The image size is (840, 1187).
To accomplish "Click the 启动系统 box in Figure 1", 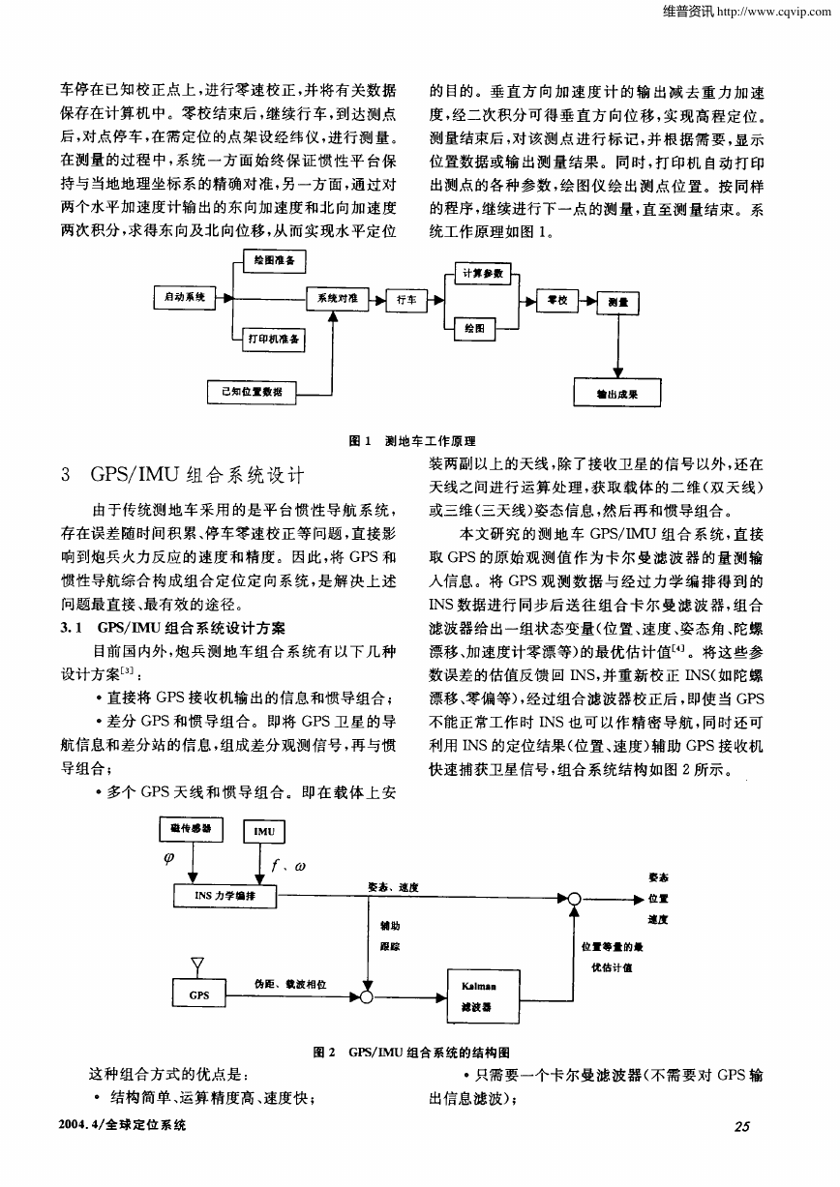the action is (185, 297).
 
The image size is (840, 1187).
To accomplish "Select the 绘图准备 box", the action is (275, 261).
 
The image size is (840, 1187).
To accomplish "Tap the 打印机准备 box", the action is (274, 340).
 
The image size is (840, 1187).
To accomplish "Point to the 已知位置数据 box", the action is (252, 392).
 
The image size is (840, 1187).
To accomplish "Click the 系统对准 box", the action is (338, 298).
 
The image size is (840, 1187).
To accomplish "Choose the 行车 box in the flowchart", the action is (406, 301).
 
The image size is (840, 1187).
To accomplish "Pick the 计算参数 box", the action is (483, 274).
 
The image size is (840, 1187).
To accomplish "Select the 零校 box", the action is (557, 301).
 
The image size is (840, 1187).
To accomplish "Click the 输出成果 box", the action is (617, 393).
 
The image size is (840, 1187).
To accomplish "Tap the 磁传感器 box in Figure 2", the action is (192, 829).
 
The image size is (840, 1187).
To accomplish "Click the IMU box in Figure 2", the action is (264, 831).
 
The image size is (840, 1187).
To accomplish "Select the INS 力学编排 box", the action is (225, 896).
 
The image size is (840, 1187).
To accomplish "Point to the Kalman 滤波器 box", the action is (483, 996).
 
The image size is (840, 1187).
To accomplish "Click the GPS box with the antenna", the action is (199, 995).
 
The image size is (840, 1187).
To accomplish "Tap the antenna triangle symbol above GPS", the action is (197, 963).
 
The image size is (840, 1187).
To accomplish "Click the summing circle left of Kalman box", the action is (366, 997).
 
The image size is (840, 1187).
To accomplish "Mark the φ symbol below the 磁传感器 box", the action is (169, 857).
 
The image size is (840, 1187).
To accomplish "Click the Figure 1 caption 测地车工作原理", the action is (430, 441).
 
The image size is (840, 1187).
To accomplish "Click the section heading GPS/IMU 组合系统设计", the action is (197, 475).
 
